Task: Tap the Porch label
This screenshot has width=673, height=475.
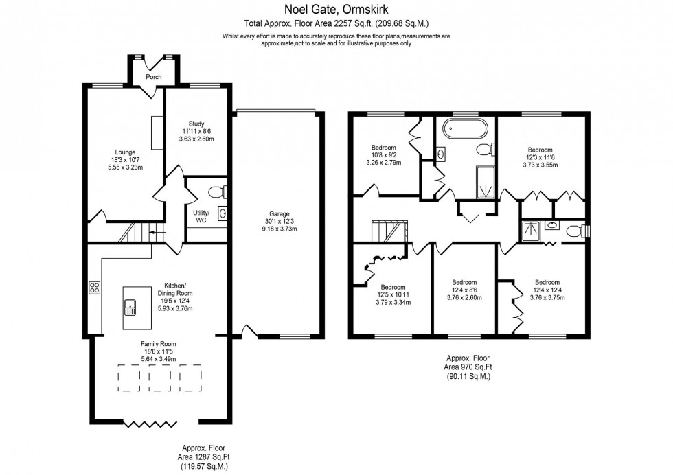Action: coord(153,77)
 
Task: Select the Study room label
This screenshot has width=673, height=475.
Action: coord(196,124)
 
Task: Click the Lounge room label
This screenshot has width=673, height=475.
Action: coord(125,152)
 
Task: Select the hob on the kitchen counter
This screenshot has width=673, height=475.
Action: coord(94,289)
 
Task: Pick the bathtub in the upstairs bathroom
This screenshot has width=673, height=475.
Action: coord(465,128)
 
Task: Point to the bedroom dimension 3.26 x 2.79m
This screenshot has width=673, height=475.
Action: coord(384,163)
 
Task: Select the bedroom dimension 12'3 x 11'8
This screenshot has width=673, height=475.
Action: coord(539,157)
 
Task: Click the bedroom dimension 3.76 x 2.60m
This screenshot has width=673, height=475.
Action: coord(464,298)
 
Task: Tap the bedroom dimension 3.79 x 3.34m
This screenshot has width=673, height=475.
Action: coord(393,302)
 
